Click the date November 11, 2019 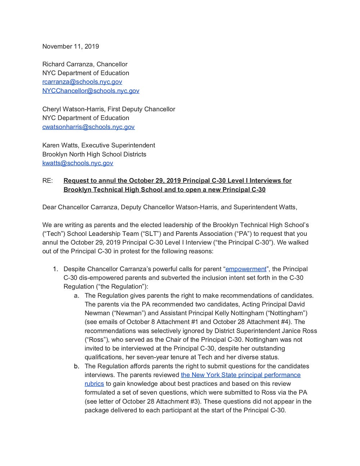point(71,46)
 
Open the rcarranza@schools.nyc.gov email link point(82,82)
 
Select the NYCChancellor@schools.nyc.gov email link point(91,91)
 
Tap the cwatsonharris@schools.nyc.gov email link point(89,127)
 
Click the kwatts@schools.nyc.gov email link point(78,163)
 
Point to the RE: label point(48,181)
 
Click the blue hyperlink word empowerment point(246,269)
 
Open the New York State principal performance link point(240,375)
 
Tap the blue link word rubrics point(94,384)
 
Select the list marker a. point(76,296)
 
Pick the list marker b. point(76,366)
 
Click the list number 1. point(55,269)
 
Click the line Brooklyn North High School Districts point(94,154)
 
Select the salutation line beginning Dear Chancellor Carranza point(170,207)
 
